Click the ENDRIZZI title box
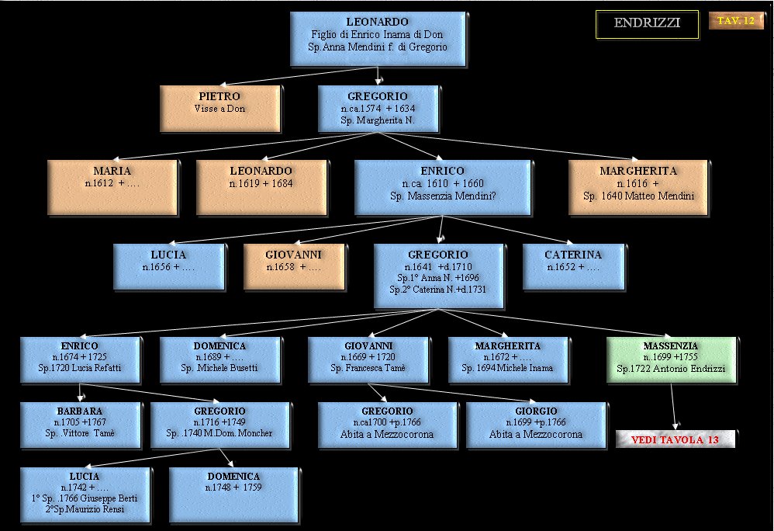click(647, 23)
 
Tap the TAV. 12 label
click(735, 21)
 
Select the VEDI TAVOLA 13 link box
click(675, 440)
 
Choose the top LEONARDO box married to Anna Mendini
click(378, 38)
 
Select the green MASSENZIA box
click(670, 359)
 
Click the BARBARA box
click(78, 423)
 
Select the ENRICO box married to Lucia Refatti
click(78, 359)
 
